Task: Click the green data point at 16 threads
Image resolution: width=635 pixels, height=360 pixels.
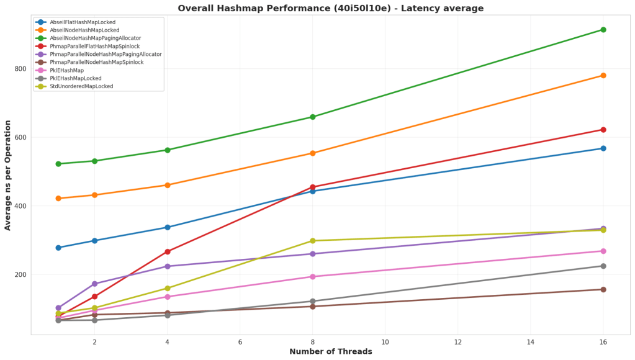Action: point(603,30)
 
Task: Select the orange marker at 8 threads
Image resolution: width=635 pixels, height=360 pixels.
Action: point(312,153)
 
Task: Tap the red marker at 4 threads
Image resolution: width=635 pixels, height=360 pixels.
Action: point(167,251)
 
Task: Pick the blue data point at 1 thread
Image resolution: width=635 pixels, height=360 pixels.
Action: point(58,248)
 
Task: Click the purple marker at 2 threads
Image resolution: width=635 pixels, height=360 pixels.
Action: point(94,284)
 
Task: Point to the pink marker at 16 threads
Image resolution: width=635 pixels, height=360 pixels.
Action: point(603,251)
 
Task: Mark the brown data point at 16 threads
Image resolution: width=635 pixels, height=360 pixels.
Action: point(603,289)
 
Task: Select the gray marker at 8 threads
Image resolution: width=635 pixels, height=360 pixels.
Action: point(312,301)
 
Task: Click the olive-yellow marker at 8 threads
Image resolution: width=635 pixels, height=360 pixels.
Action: point(312,241)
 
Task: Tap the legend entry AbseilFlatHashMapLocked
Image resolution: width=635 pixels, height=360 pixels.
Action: point(83,22)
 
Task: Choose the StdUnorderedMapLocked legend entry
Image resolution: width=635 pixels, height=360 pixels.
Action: point(81,86)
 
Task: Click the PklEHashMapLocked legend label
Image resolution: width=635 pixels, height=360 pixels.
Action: point(76,78)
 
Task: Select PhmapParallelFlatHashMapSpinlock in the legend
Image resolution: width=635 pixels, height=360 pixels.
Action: point(94,47)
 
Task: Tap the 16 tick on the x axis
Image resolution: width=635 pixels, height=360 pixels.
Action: point(603,342)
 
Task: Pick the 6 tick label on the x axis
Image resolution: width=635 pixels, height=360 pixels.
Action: point(240,342)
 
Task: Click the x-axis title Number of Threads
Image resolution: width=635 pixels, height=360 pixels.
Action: point(330,352)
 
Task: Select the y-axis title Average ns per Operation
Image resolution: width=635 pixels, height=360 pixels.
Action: point(8,175)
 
